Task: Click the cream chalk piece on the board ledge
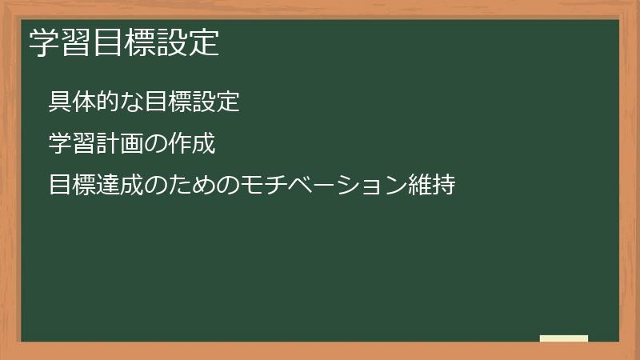point(564,338)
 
